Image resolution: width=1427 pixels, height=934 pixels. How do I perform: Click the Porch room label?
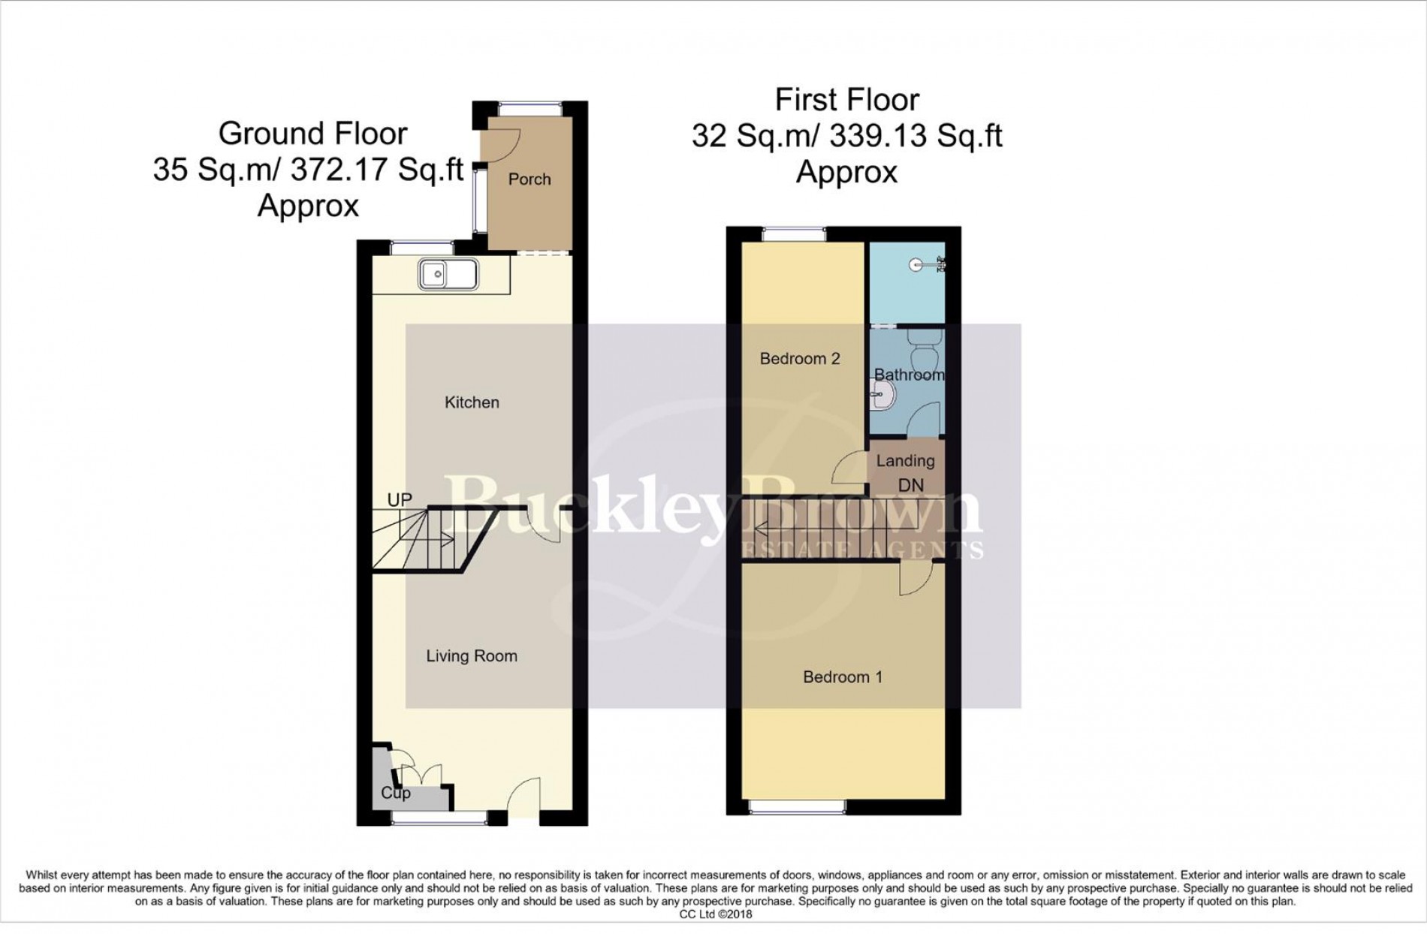[529, 179]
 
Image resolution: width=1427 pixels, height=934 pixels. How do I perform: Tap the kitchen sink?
[448, 274]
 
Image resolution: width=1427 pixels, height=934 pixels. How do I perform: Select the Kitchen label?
[472, 402]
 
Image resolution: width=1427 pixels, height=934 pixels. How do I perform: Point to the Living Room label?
[472, 656]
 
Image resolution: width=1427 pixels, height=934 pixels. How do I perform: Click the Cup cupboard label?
[396, 793]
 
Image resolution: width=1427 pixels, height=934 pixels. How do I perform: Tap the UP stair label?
[400, 500]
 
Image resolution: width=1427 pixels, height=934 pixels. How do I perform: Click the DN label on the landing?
[911, 486]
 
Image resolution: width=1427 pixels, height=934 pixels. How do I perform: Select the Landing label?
[906, 461]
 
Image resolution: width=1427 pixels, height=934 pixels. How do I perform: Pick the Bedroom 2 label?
[800, 359]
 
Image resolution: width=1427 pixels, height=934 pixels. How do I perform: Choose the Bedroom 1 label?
[843, 677]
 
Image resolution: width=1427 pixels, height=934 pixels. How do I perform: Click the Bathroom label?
[909, 374]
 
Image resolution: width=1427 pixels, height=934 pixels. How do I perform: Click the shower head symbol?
[928, 264]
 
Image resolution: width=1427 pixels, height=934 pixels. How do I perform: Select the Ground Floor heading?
[312, 134]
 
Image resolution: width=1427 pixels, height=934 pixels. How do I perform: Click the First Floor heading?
[847, 99]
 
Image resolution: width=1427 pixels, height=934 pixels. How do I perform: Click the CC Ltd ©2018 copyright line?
[715, 914]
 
